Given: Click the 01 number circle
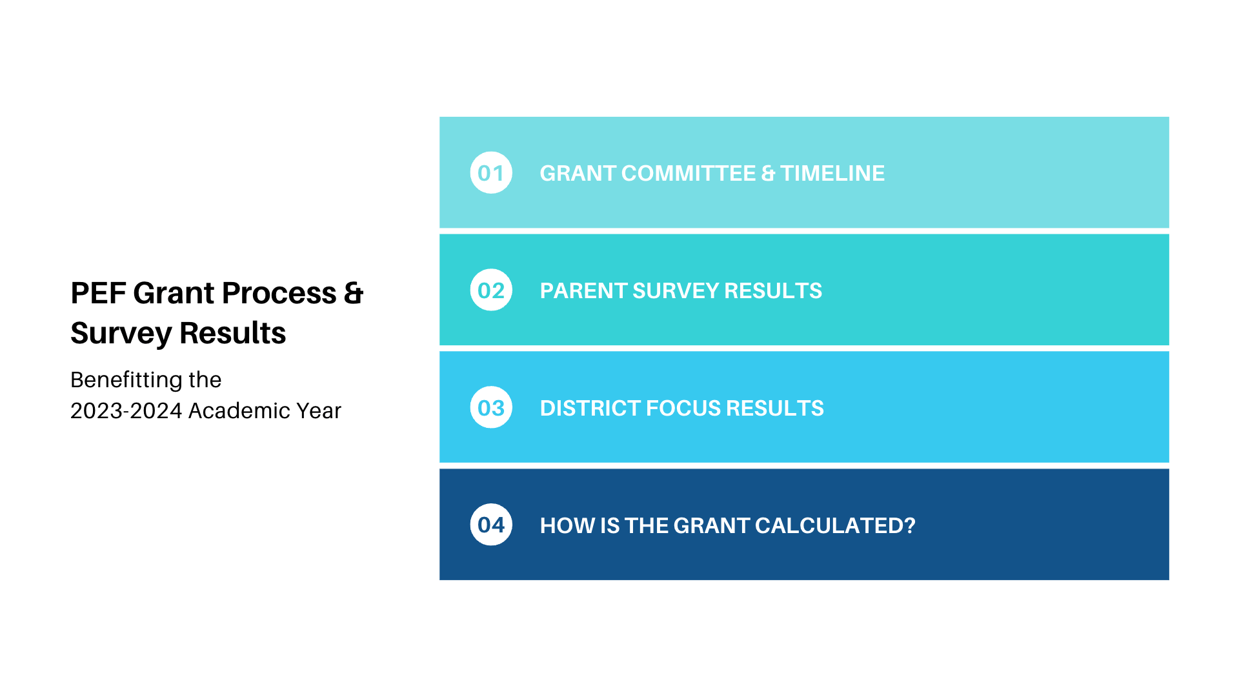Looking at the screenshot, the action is (491, 173).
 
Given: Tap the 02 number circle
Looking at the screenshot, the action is (491, 290).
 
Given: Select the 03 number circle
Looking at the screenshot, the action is (491, 407).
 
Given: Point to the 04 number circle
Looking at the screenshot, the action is (491, 525).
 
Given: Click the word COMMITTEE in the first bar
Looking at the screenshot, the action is (689, 173).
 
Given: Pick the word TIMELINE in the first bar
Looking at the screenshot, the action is (832, 173).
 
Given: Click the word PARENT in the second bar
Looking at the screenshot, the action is (583, 290).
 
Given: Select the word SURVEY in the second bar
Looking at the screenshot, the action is (676, 290).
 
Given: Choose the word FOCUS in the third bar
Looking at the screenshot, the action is (683, 408).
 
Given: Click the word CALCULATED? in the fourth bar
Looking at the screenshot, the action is (835, 525).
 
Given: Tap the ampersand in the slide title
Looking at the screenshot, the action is (354, 293).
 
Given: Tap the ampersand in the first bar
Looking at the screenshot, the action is (768, 173).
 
